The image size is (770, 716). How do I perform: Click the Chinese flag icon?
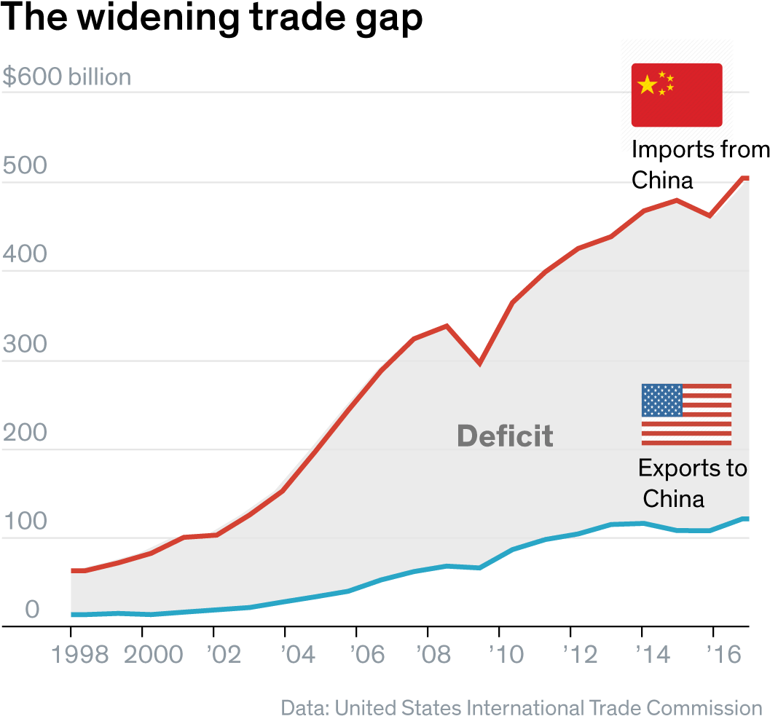point(676,95)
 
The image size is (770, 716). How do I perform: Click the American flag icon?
point(686,414)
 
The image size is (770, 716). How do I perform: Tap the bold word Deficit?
point(505,436)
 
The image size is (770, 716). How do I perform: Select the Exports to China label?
point(691,484)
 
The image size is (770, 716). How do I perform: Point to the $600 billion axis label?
point(67,77)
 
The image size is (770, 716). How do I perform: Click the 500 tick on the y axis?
point(25,166)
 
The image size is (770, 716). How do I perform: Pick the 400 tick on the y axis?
point(25,255)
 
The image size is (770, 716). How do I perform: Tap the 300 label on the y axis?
point(25,345)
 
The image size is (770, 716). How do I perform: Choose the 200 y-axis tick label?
point(25,433)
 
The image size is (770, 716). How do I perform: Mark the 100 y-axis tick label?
point(25,522)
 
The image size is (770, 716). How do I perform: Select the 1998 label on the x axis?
point(80,655)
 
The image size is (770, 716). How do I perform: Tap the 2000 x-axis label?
point(153,655)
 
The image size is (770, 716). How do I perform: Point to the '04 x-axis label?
point(298,655)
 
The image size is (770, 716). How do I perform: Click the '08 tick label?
point(434,655)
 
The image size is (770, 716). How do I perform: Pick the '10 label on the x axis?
point(506,655)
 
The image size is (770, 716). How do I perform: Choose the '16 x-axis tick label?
point(723,655)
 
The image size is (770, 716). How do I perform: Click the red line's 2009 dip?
point(479,362)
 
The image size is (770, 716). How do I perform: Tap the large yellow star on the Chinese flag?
point(646,85)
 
